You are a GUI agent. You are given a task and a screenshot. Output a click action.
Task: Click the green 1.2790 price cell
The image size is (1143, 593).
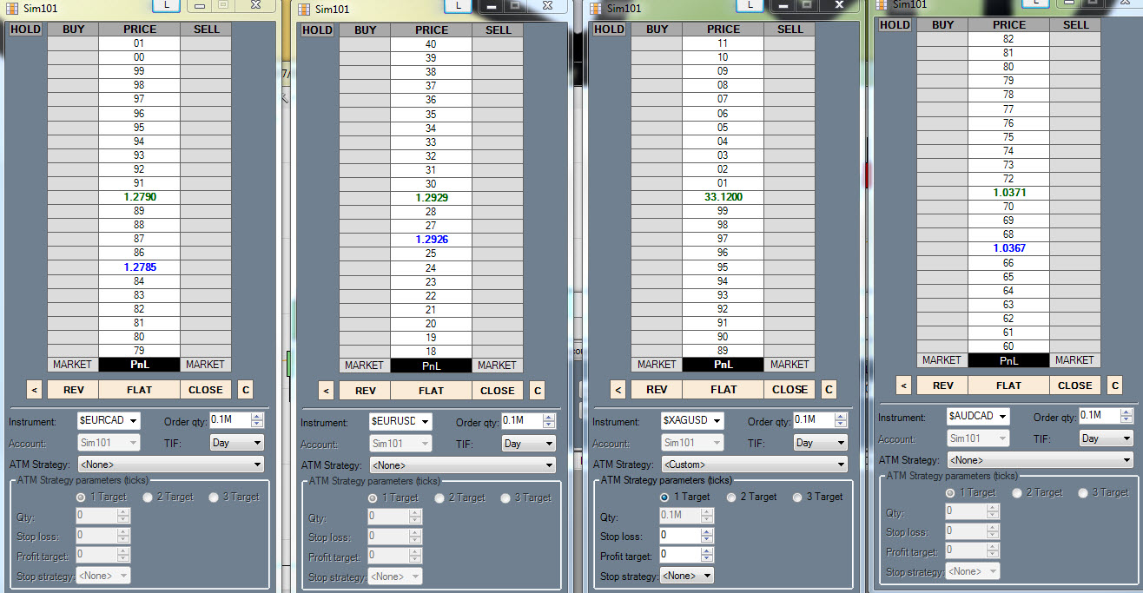[139, 197]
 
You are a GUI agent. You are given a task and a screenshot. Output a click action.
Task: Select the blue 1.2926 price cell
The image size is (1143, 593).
[431, 239]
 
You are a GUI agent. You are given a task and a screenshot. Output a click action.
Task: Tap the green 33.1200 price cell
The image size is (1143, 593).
[723, 197]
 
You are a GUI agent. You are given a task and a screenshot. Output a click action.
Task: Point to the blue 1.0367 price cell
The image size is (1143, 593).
[1008, 248]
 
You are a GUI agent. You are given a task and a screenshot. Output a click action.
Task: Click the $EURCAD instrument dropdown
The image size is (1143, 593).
[109, 421]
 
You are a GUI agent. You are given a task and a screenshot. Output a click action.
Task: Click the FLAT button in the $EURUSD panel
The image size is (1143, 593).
[431, 391]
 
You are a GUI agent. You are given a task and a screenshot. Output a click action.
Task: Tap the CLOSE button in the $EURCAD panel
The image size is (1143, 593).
[206, 390]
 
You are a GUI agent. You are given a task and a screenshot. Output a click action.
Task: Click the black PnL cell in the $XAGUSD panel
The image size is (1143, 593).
[723, 364]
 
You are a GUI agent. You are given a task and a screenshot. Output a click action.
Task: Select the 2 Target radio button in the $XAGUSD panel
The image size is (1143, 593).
[731, 497]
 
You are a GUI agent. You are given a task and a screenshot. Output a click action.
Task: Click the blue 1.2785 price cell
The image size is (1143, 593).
[139, 267]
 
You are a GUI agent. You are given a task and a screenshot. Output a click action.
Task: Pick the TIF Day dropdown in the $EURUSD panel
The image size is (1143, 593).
[529, 444]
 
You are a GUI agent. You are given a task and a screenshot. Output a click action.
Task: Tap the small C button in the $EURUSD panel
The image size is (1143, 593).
[538, 391]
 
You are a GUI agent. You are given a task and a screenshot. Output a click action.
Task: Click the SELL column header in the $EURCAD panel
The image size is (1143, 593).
[206, 29]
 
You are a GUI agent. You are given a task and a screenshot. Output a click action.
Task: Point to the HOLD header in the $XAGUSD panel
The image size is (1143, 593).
[609, 29]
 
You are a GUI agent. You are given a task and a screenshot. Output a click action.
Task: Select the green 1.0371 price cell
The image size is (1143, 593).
[1008, 193]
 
